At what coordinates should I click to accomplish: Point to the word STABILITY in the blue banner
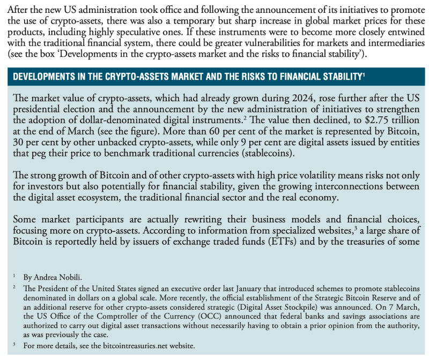(336, 77)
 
